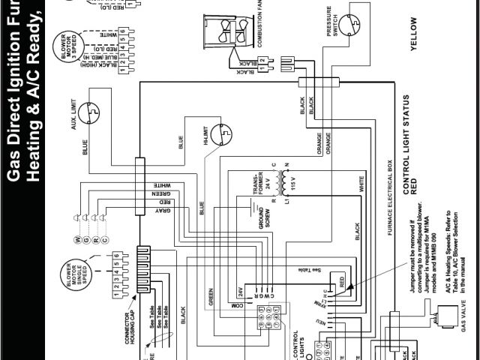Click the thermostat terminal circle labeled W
coord(76,240)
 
